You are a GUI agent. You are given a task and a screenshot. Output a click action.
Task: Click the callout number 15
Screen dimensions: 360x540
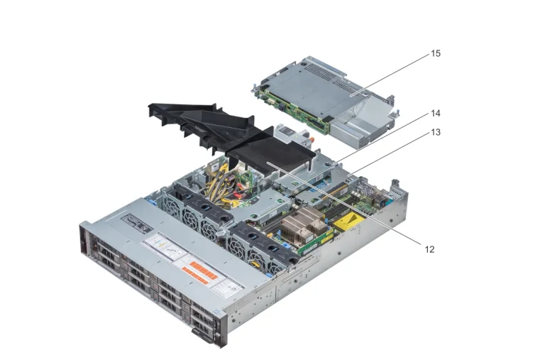[435, 53]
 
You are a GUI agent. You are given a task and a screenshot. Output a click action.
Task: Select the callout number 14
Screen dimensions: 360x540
[435, 113]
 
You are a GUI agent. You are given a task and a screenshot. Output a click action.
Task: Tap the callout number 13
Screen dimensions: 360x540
[435, 132]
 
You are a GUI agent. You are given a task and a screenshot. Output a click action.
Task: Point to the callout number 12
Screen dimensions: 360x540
[429, 249]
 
